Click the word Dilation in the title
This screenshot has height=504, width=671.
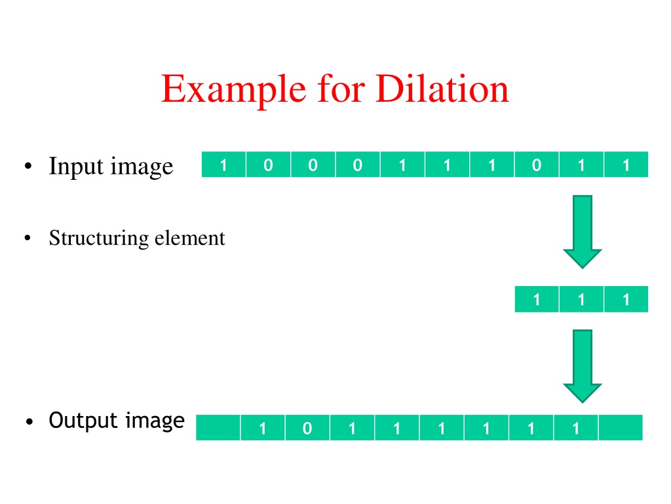click(x=442, y=89)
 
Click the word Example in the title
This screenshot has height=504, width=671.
click(x=234, y=91)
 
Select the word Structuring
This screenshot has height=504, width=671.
click(x=99, y=238)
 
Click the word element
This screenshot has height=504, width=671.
click(x=189, y=238)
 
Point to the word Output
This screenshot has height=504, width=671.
click(x=83, y=421)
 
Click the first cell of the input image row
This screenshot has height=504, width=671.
click(x=223, y=164)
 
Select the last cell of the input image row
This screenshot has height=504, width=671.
click(x=626, y=164)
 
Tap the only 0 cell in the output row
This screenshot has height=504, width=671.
click(x=307, y=428)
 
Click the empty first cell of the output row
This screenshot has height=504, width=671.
click(x=218, y=428)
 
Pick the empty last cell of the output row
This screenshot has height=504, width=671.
click(x=621, y=428)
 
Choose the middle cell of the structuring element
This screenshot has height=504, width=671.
click(x=582, y=299)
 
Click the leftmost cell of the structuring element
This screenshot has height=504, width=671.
click(x=537, y=299)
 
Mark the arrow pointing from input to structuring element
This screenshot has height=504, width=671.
click(x=583, y=232)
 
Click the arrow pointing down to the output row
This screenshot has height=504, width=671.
click(x=583, y=366)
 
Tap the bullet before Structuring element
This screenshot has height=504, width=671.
click(x=28, y=238)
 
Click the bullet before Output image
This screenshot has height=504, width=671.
click(x=29, y=422)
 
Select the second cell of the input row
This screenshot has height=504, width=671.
click(x=268, y=164)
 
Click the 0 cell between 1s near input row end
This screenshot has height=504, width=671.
click(x=537, y=164)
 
